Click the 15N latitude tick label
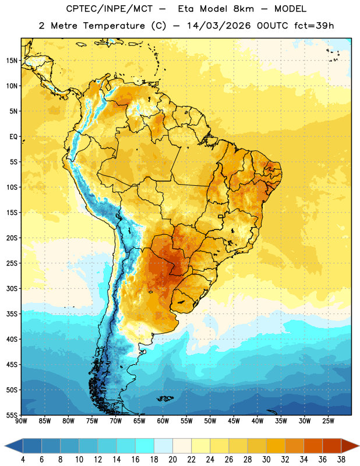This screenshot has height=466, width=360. [12, 61]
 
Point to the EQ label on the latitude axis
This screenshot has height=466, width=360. [13, 137]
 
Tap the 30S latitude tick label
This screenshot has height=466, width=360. [12, 288]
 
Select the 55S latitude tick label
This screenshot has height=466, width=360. [12, 415]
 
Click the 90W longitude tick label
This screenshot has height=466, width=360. [21, 421]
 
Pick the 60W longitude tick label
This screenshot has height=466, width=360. [163, 421]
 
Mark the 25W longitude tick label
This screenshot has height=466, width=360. [328, 421]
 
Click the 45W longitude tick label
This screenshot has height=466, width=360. [234, 421]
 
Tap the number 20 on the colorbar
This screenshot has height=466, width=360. [172, 460]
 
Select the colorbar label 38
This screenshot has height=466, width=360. [341, 460]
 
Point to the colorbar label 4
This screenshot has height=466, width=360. [23, 460]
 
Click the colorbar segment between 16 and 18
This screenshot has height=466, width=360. [145, 446]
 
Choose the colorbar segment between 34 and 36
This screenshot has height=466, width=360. [313, 446]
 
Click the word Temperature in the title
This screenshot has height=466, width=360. [114, 26]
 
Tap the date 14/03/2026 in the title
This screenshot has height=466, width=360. [219, 26]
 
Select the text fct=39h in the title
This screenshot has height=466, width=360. [314, 26]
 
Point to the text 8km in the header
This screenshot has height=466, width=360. [243, 9]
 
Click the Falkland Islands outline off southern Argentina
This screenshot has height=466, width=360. [165, 398]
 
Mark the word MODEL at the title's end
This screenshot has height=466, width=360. [291, 9]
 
